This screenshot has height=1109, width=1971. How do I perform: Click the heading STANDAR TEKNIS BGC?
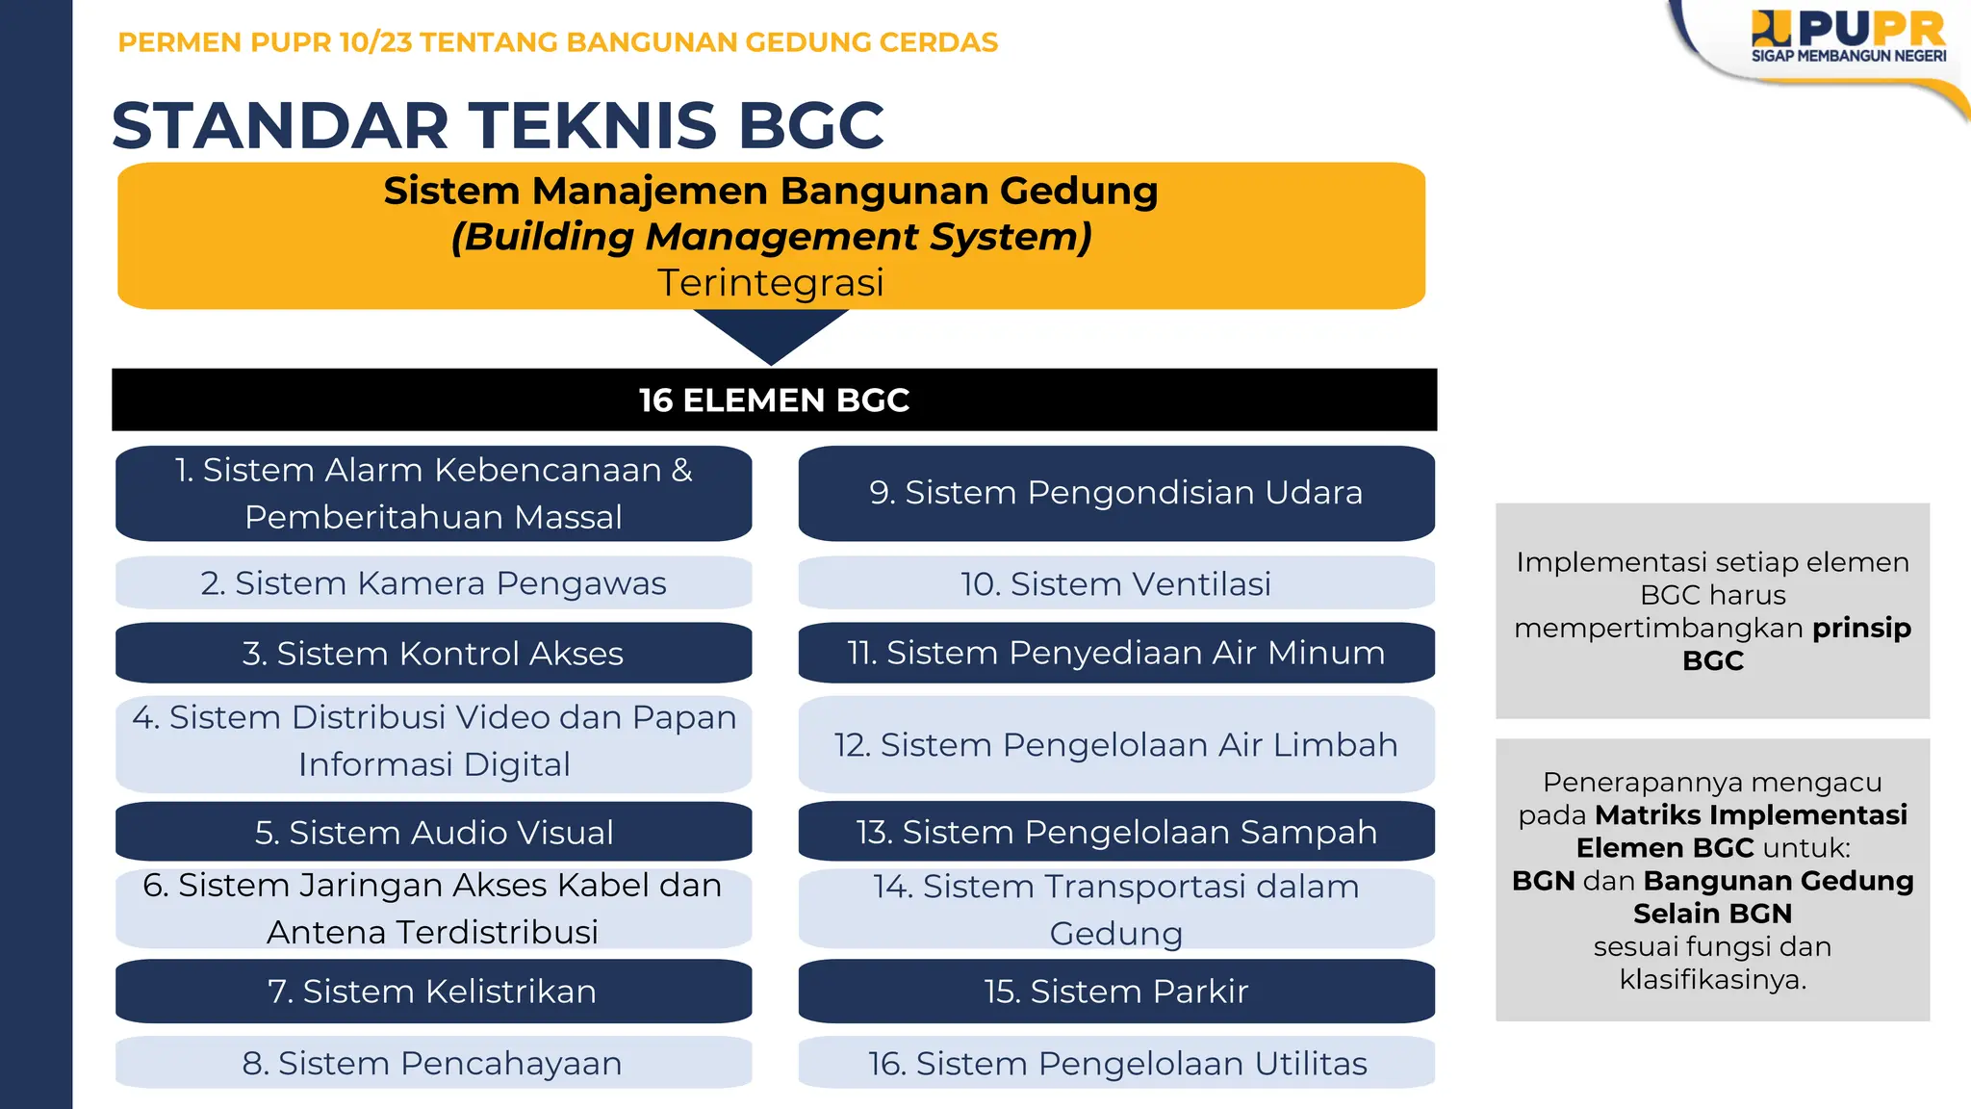click(x=498, y=125)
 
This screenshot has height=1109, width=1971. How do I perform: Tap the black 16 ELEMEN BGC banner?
click(x=774, y=400)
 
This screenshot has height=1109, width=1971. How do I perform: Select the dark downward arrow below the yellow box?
click(x=771, y=333)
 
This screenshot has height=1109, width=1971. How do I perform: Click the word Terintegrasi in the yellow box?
click(x=771, y=283)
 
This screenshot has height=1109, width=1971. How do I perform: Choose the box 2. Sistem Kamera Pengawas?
click(x=433, y=583)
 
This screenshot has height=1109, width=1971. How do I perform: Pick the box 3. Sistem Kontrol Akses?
click(x=433, y=654)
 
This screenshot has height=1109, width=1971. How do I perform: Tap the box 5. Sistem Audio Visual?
click(x=433, y=832)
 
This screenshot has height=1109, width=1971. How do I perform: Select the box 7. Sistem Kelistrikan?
click(x=433, y=991)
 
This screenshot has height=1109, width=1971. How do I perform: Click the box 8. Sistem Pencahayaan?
click(x=433, y=1063)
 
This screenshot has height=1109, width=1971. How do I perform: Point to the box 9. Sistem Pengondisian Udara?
click(x=1116, y=492)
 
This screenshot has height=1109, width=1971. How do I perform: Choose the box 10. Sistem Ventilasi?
click(x=1116, y=583)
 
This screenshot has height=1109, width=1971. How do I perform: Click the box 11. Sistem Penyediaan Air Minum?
click(x=1116, y=653)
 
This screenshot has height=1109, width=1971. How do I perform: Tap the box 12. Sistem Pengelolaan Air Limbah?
click(x=1116, y=744)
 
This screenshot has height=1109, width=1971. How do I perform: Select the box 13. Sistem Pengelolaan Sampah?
click(x=1116, y=832)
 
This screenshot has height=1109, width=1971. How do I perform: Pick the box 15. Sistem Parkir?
click(x=1116, y=991)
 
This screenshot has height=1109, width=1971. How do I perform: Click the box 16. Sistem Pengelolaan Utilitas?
click(x=1116, y=1063)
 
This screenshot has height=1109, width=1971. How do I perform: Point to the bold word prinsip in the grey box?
click(x=1861, y=628)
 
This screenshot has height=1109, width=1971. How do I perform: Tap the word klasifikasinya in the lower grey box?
click(x=1713, y=979)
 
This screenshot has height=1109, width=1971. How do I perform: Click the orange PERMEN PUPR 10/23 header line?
click(x=557, y=42)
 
